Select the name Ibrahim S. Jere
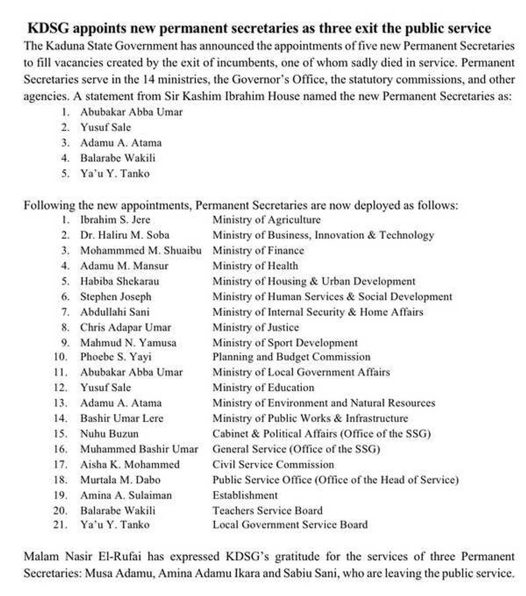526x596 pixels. click(x=115, y=220)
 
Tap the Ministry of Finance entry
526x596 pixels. click(x=258, y=251)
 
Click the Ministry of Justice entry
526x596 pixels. click(x=255, y=327)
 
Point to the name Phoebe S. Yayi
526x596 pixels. click(x=116, y=357)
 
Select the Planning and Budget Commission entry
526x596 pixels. click(x=291, y=357)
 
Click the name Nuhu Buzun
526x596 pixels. click(x=109, y=433)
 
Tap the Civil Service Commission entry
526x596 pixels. click(x=273, y=464)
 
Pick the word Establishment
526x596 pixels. click(x=245, y=495)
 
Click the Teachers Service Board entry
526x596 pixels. click(x=267, y=511)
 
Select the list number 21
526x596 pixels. click(x=60, y=525)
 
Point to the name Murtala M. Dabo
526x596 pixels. click(x=120, y=480)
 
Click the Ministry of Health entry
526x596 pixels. click(x=255, y=266)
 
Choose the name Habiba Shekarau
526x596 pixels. click(x=119, y=281)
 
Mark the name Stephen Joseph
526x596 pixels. click(x=116, y=297)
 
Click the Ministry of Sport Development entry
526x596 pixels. click(x=285, y=343)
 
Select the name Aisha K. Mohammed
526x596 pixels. click(x=130, y=464)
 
